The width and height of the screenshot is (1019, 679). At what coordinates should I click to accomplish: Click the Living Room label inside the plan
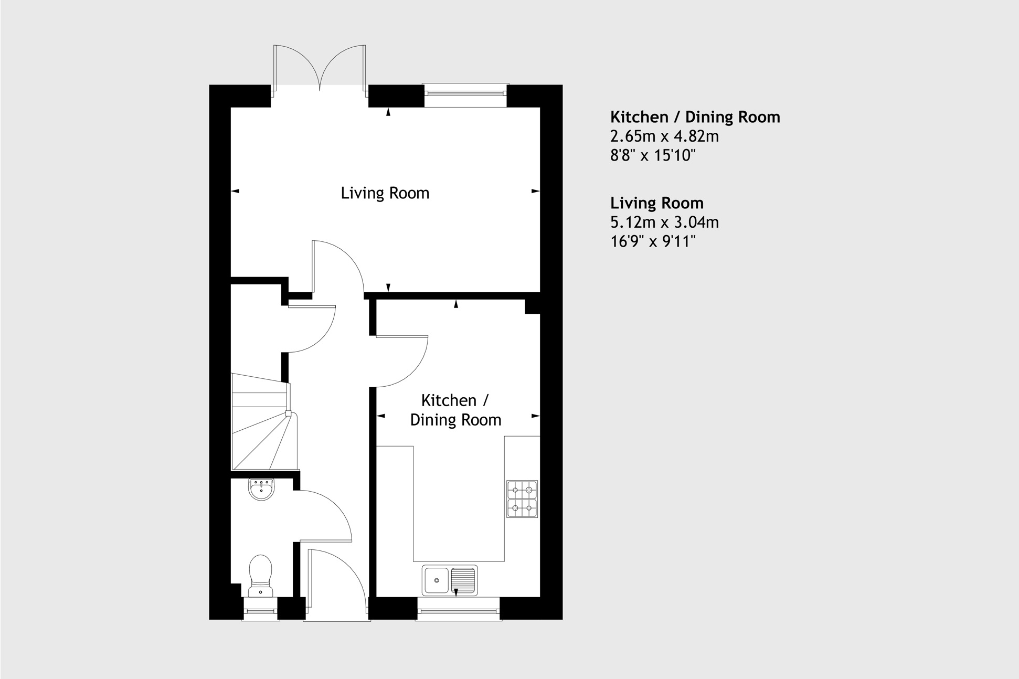[385, 193]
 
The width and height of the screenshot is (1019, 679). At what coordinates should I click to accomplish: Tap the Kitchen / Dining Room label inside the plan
[455, 410]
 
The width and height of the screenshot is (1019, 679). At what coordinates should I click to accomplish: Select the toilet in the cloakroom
[261, 575]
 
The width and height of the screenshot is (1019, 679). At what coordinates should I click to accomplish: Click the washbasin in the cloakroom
[261, 490]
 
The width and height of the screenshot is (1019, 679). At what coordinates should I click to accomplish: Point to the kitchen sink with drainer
[450, 580]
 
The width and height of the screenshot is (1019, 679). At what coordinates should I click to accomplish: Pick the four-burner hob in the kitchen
[522, 499]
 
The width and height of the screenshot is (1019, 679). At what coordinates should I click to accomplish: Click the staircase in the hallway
[262, 422]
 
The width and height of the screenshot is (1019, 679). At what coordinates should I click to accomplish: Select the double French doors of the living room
[319, 68]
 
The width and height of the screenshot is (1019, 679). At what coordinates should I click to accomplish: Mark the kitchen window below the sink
[459, 611]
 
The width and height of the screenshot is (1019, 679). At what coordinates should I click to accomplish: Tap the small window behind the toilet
[261, 611]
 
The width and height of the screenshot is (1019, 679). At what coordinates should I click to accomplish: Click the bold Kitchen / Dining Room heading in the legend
[695, 117]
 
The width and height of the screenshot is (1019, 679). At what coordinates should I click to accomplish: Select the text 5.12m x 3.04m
[664, 222]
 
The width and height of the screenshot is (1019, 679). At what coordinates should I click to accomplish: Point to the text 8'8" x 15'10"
[653, 155]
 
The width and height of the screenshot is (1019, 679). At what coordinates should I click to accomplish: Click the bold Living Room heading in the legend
[656, 203]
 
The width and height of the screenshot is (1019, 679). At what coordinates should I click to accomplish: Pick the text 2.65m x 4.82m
[664, 136]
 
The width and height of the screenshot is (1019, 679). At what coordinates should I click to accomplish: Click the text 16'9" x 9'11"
[653, 242]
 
